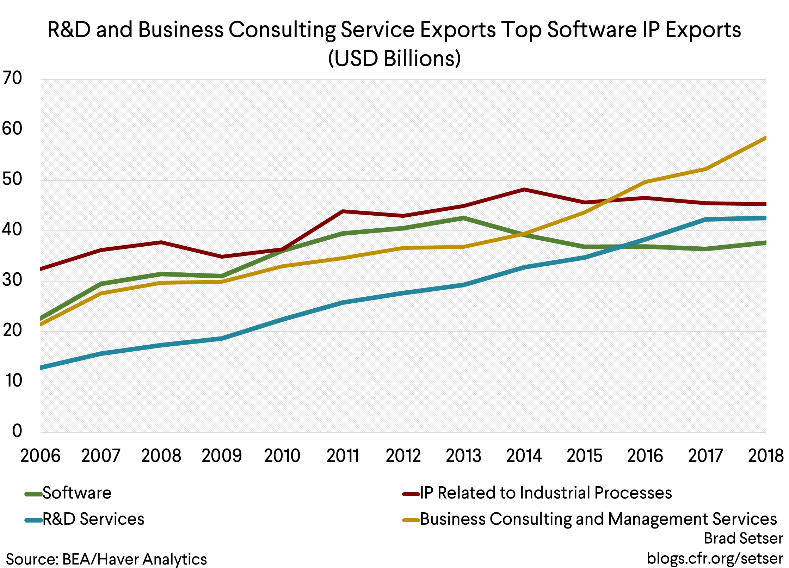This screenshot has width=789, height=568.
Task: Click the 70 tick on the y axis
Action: point(12,78)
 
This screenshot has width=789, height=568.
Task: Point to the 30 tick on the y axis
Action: point(12,280)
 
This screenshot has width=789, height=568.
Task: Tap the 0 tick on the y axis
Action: point(17,431)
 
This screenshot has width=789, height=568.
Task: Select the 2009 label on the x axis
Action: point(222,456)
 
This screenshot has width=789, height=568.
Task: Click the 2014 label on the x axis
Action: point(524,456)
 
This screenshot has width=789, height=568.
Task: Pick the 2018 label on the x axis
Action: point(765,456)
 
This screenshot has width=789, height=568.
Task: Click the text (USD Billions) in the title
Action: point(394,58)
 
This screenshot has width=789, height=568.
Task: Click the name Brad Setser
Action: point(743,538)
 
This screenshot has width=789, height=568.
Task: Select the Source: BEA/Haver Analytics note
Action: point(106,560)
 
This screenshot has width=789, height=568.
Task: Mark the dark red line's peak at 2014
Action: point(524,190)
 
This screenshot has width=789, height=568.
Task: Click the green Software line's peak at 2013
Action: point(463,218)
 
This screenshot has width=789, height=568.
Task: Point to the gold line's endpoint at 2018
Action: point(765,138)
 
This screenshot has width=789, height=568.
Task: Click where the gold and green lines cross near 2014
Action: point(521,234)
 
